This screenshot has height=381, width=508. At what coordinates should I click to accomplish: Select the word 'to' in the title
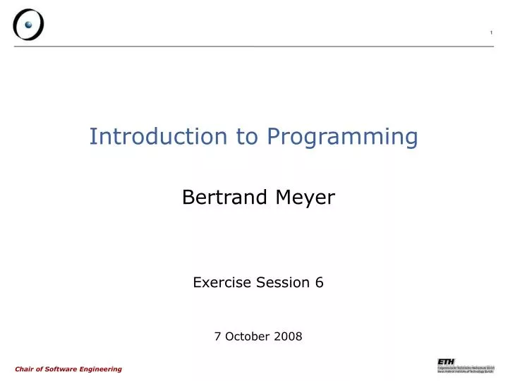coord(248,136)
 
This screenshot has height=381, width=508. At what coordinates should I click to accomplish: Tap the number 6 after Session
coord(319,283)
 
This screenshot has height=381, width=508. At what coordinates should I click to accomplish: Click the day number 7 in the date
coord(217,337)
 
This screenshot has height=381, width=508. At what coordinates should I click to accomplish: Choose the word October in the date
coord(248,337)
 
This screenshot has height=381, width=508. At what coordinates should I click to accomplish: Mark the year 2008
coord(288,337)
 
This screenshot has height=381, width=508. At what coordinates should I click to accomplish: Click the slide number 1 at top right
coord(491,35)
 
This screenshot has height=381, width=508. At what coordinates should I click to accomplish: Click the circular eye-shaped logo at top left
coord(28,25)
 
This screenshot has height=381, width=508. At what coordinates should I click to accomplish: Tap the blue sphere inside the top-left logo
coord(29,24)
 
